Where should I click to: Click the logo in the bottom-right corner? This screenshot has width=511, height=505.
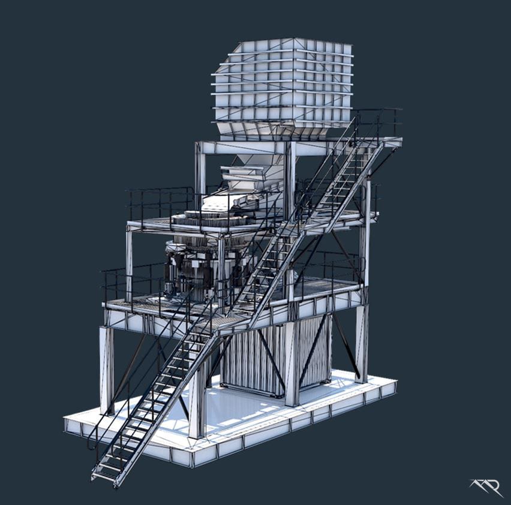pos(486,486)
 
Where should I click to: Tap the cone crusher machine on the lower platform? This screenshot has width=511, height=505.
pos(195,270)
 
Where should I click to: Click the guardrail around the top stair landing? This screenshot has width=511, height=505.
pos(378,123)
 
